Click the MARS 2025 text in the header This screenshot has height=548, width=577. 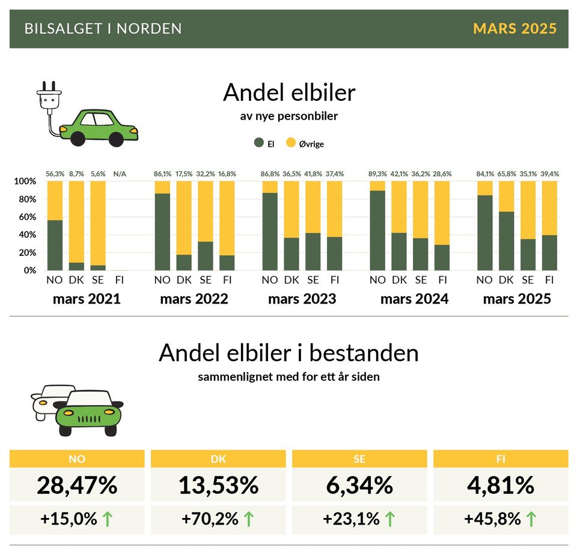[x=514, y=29]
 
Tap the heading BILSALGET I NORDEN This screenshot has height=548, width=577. [x=103, y=29]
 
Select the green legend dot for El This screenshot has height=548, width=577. [x=259, y=143]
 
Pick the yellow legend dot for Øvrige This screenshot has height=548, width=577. [x=291, y=143]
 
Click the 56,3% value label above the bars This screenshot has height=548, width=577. [x=55, y=174]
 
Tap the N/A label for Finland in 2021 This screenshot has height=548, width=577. [x=120, y=174]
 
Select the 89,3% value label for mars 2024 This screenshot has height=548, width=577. [x=377, y=174]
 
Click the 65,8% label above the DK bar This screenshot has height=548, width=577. [x=506, y=174]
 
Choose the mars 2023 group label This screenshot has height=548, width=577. [x=302, y=299]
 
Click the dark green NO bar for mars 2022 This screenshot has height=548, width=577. [x=162, y=232]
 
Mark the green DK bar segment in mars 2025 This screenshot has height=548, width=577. [x=506, y=241]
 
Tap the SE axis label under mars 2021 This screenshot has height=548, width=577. [x=98, y=280]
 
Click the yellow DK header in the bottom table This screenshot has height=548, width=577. [x=218, y=459]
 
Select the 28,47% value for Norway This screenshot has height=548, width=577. [x=77, y=486]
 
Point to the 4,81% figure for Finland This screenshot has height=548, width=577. [x=501, y=486]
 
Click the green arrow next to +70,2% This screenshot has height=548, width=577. [x=249, y=519]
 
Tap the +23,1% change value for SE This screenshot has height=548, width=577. [x=351, y=519]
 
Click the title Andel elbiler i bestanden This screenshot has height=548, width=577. [x=288, y=353]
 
